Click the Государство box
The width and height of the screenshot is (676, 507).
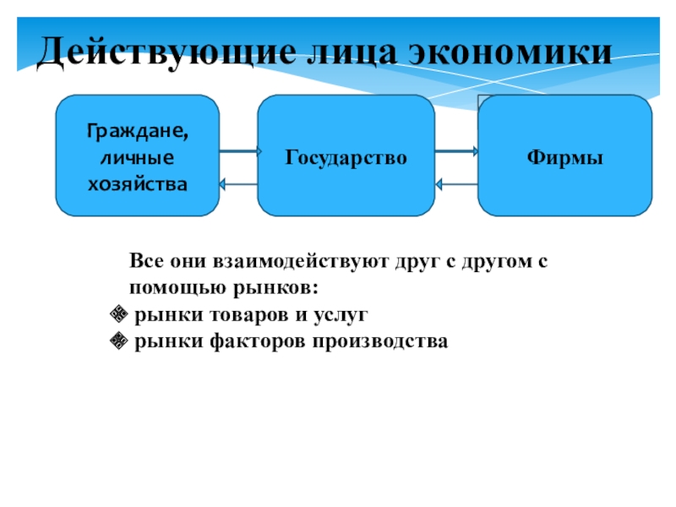pos(346,156)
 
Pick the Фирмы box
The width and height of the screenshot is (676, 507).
pos(564,156)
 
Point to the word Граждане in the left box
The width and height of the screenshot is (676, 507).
pos(138,133)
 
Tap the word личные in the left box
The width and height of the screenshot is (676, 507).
pos(137,157)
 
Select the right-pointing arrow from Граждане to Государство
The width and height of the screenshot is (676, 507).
pos(239,152)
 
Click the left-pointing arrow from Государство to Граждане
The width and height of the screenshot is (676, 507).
pos(239,183)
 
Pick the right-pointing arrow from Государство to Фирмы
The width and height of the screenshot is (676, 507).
pos(457,152)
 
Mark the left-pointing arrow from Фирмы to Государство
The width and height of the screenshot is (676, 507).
pos(457,183)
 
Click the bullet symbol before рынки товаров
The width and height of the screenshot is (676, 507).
pos(118,316)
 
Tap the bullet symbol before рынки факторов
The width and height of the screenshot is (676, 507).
pos(118,341)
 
